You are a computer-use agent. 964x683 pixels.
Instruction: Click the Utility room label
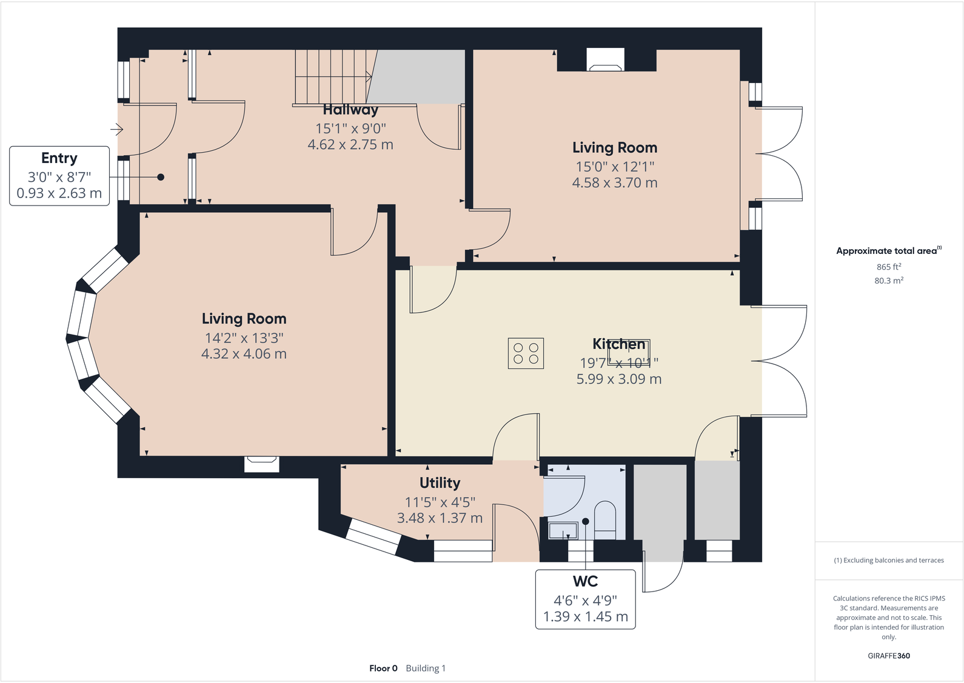[x=440, y=483]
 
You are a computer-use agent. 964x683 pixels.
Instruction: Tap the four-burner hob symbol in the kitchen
[x=526, y=353]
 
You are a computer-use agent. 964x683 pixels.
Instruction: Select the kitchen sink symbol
[x=629, y=352]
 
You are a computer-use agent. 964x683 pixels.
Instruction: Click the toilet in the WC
[x=604, y=519]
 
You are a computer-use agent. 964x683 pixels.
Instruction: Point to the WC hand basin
[x=563, y=531]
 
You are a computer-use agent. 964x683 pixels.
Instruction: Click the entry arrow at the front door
[x=117, y=129]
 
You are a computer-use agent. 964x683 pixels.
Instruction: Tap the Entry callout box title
[x=59, y=158]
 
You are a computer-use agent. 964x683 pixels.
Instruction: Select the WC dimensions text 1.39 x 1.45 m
[x=585, y=616]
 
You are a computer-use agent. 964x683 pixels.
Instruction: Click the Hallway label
[x=350, y=110]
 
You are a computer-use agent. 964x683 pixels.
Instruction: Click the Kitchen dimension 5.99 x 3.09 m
[x=618, y=379]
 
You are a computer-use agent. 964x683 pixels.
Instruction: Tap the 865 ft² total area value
[x=888, y=267]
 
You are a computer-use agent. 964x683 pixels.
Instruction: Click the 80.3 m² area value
[x=888, y=281]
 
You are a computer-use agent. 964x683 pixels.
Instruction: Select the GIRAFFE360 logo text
[x=888, y=656]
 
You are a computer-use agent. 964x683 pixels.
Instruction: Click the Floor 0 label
[x=383, y=668]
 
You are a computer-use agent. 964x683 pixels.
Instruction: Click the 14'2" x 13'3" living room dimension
[x=244, y=338]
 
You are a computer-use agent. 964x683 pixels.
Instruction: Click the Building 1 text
[x=426, y=668]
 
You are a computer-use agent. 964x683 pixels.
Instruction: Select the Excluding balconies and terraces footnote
[x=888, y=560]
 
